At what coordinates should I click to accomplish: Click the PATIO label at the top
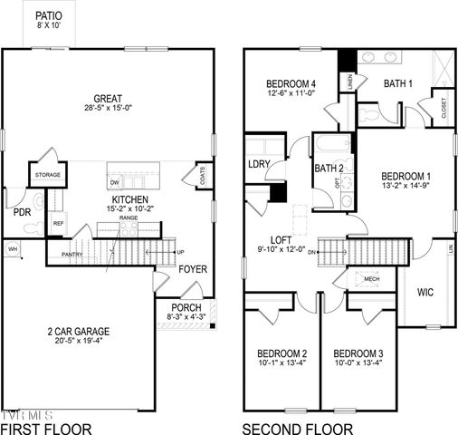click(x=49, y=16)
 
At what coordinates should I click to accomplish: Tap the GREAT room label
click(x=109, y=100)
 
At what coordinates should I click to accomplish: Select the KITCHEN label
click(x=124, y=199)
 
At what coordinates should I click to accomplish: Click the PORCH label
click(x=186, y=308)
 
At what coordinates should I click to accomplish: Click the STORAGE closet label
click(x=47, y=174)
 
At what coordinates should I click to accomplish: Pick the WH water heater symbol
click(x=13, y=247)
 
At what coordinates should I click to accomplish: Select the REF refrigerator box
click(x=58, y=223)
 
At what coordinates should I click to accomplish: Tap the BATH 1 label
click(x=398, y=83)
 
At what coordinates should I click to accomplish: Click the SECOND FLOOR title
click(x=293, y=427)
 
